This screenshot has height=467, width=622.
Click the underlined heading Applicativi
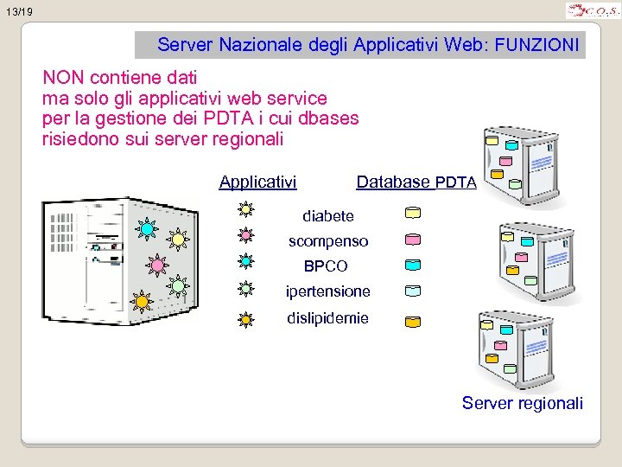257,182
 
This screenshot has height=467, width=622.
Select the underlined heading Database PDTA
416,182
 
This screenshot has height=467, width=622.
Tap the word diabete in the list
327,215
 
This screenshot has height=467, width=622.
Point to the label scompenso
328,241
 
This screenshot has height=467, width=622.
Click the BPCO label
326,266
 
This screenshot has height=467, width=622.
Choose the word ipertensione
328,291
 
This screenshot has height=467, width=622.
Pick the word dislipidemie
327,318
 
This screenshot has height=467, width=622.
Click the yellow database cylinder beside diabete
413,212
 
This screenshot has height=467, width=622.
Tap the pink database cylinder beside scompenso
413,239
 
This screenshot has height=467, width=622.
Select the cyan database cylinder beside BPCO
413,265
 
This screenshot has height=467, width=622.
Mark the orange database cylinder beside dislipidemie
413,321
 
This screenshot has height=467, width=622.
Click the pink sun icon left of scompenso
245,234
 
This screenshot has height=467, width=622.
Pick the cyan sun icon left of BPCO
245,259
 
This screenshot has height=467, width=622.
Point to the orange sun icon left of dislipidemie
245,319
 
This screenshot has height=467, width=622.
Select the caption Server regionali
522,403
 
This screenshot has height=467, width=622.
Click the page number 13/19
17,12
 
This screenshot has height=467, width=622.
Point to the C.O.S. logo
592,11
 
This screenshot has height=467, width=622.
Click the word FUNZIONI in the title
537,44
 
